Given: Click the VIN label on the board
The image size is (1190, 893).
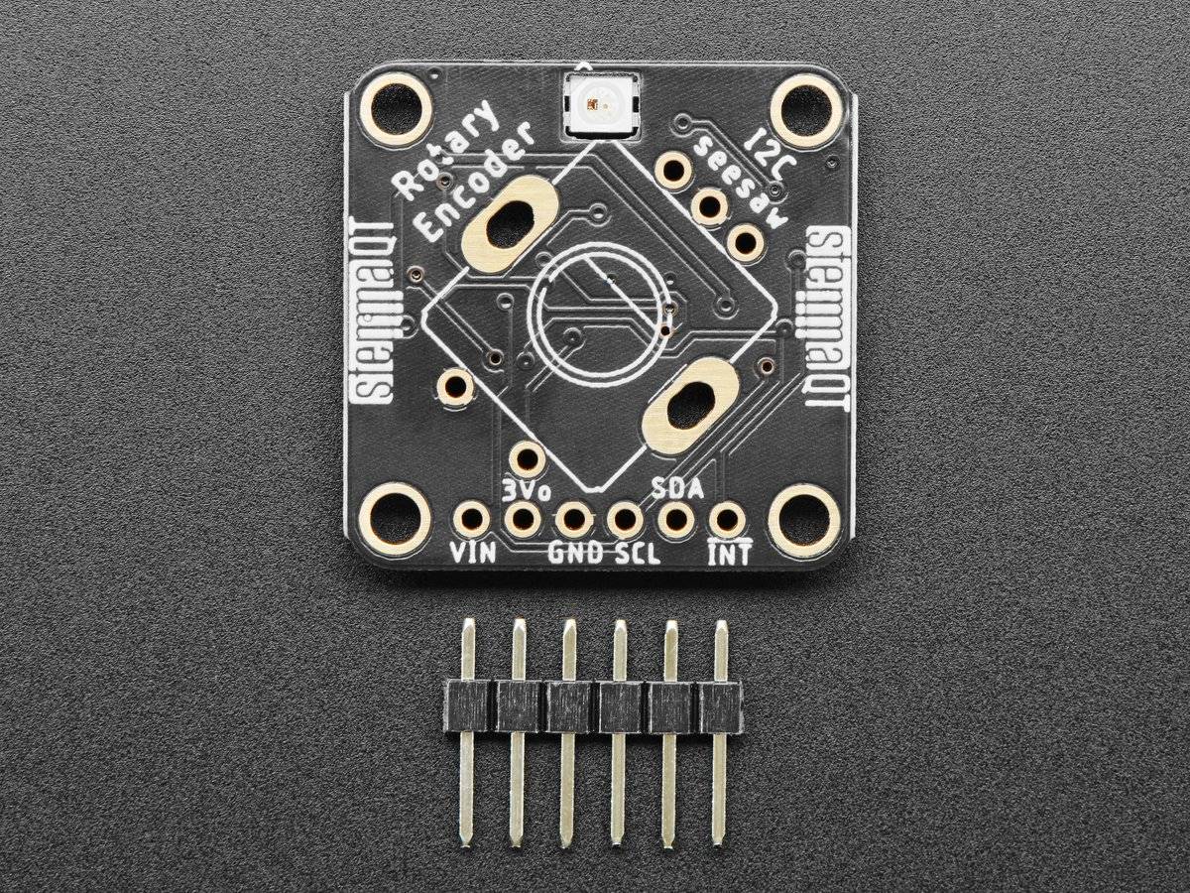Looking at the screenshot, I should [x=472, y=553].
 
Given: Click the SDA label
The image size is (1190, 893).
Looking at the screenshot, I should [x=678, y=489].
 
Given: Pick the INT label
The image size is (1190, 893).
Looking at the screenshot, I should [x=729, y=553].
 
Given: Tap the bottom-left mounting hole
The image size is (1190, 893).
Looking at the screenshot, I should [x=396, y=519].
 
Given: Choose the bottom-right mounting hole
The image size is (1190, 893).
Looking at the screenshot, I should [x=804, y=519].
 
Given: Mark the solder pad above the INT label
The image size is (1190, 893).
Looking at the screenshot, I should [x=728, y=519].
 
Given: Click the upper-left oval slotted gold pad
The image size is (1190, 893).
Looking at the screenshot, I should [x=510, y=224].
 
